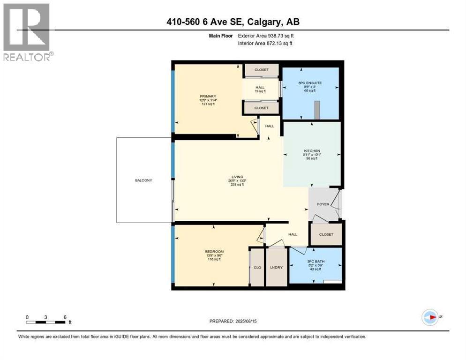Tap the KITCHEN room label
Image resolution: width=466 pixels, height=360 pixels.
click(x=311, y=151)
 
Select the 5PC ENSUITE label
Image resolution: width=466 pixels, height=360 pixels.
click(x=310, y=83)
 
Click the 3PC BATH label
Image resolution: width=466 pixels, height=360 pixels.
click(x=315, y=262)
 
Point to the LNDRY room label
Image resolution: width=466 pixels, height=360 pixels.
click(x=277, y=267)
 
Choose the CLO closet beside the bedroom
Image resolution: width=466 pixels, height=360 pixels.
click(x=257, y=267)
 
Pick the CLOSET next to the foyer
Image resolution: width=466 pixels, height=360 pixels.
click(x=326, y=234)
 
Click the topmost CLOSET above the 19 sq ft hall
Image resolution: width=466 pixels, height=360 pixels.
click(x=262, y=70)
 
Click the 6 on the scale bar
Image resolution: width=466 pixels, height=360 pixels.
click(x=64, y=317)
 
